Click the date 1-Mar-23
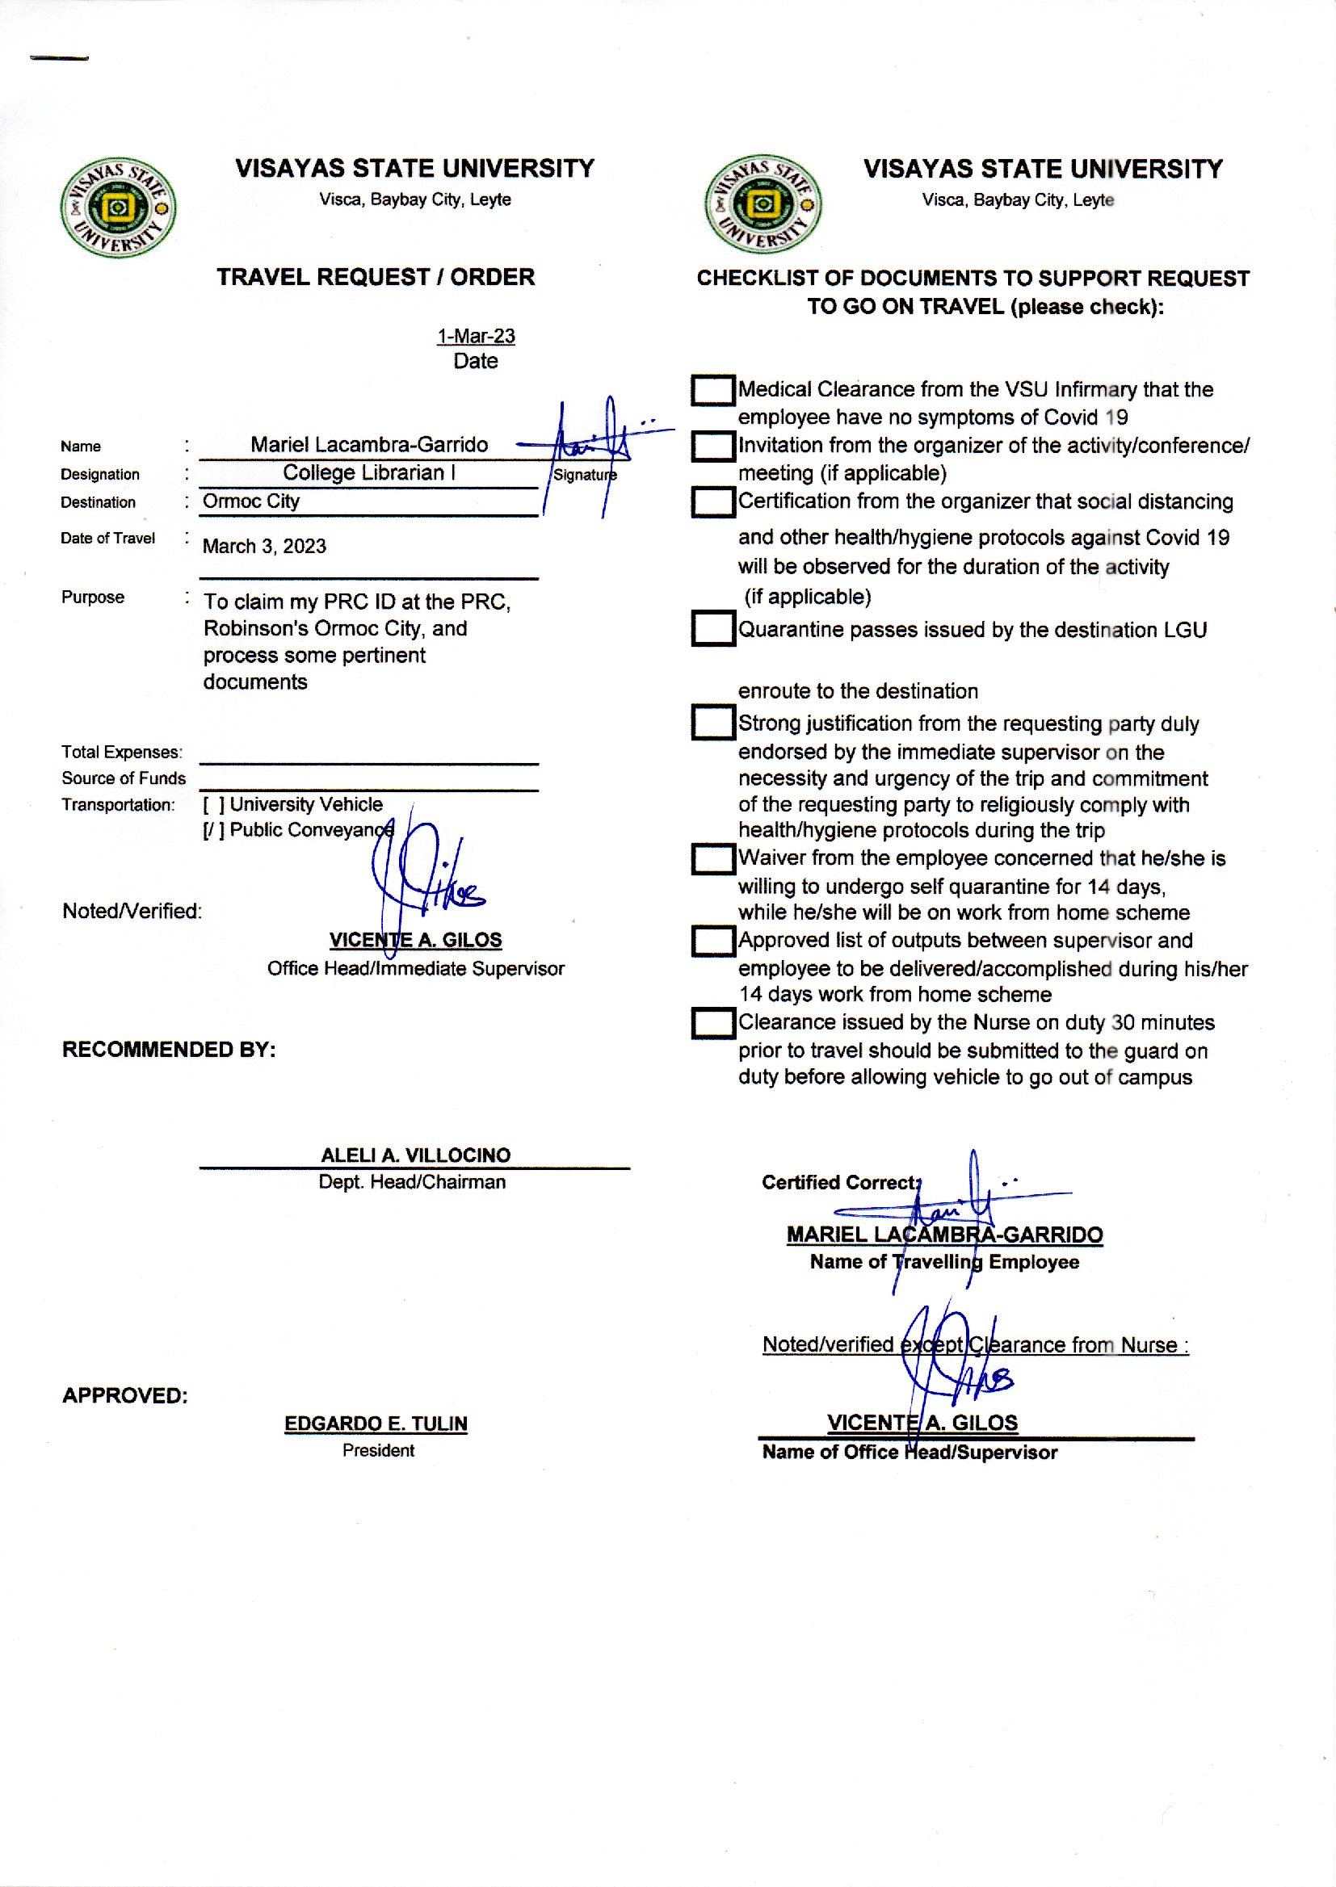(476, 336)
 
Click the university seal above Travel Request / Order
(118, 208)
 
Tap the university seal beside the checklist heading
(763, 204)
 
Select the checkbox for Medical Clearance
(712, 391)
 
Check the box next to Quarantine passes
(712, 629)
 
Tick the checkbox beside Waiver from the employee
(712, 859)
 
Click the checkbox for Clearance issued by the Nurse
(712, 1024)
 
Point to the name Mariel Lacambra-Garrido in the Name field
(368, 445)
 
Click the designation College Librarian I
(368, 473)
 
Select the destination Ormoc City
(251, 501)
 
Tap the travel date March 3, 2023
(264, 547)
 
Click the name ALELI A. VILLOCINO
(415, 1155)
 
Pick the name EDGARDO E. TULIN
(376, 1424)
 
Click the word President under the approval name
(378, 1450)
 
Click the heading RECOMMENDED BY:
(169, 1050)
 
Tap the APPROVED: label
(125, 1395)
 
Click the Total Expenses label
(122, 753)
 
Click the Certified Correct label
(840, 1182)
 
